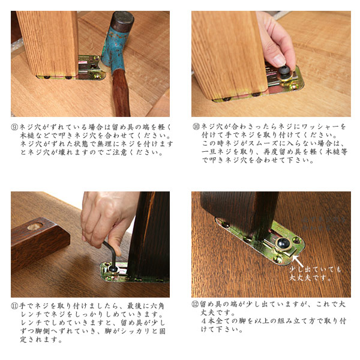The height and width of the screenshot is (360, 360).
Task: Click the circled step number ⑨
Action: [x=14, y=127]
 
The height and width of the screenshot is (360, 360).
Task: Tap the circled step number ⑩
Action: [x=196, y=127]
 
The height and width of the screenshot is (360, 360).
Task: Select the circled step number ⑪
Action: [x=14, y=306]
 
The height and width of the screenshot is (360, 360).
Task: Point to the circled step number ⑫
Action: [x=195, y=304]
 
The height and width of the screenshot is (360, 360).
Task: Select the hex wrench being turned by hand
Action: [x=111, y=255]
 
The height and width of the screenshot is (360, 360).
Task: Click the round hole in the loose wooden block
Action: [x=35, y=226]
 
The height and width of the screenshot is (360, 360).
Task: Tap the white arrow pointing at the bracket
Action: [x=298, y=261]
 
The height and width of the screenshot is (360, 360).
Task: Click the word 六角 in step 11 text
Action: [x=158, y=306]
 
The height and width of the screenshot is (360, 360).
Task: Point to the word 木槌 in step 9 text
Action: [x=27, y=136]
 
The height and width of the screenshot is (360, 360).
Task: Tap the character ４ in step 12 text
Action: [x=204, y=321]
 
